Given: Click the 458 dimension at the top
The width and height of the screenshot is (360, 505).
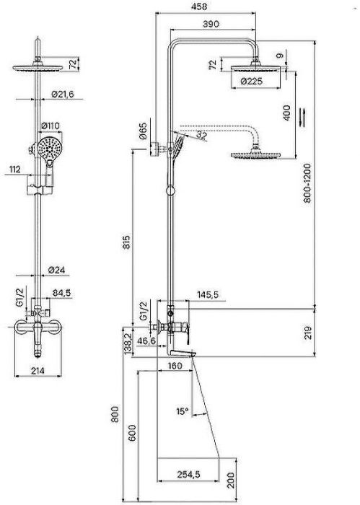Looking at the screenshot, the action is pos(199,6).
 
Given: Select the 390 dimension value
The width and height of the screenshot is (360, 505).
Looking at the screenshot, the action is pos(211,24).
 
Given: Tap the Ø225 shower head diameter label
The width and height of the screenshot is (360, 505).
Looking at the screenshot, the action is pos(252,81).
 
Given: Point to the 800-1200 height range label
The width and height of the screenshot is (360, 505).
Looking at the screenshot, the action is pos(307,183).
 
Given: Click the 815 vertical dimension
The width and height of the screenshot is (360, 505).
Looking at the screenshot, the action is pos(127,242).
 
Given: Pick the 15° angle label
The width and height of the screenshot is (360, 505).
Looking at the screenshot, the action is pos(183,411).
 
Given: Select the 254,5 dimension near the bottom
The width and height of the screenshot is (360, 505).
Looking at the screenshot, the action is pos(188,474).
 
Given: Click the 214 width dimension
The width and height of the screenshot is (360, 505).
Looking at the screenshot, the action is pos(38,371).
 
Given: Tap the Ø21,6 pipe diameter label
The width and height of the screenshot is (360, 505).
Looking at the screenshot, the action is pos(63,94).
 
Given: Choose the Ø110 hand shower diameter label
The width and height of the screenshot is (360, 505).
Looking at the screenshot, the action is pos(51,126).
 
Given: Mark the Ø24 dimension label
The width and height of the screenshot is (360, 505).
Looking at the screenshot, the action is pos(56,270).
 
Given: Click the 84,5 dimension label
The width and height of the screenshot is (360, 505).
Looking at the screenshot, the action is pos(61,293).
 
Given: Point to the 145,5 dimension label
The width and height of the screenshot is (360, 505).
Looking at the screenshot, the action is pos(208,294).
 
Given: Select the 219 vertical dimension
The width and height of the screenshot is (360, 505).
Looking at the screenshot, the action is pos(308,333).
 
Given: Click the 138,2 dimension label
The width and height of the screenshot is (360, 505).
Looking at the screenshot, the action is pos(128,343).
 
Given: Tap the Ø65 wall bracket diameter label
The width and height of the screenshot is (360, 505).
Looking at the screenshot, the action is pos(143,131).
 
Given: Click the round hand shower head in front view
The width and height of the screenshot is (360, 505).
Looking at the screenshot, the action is pos(49,149).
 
